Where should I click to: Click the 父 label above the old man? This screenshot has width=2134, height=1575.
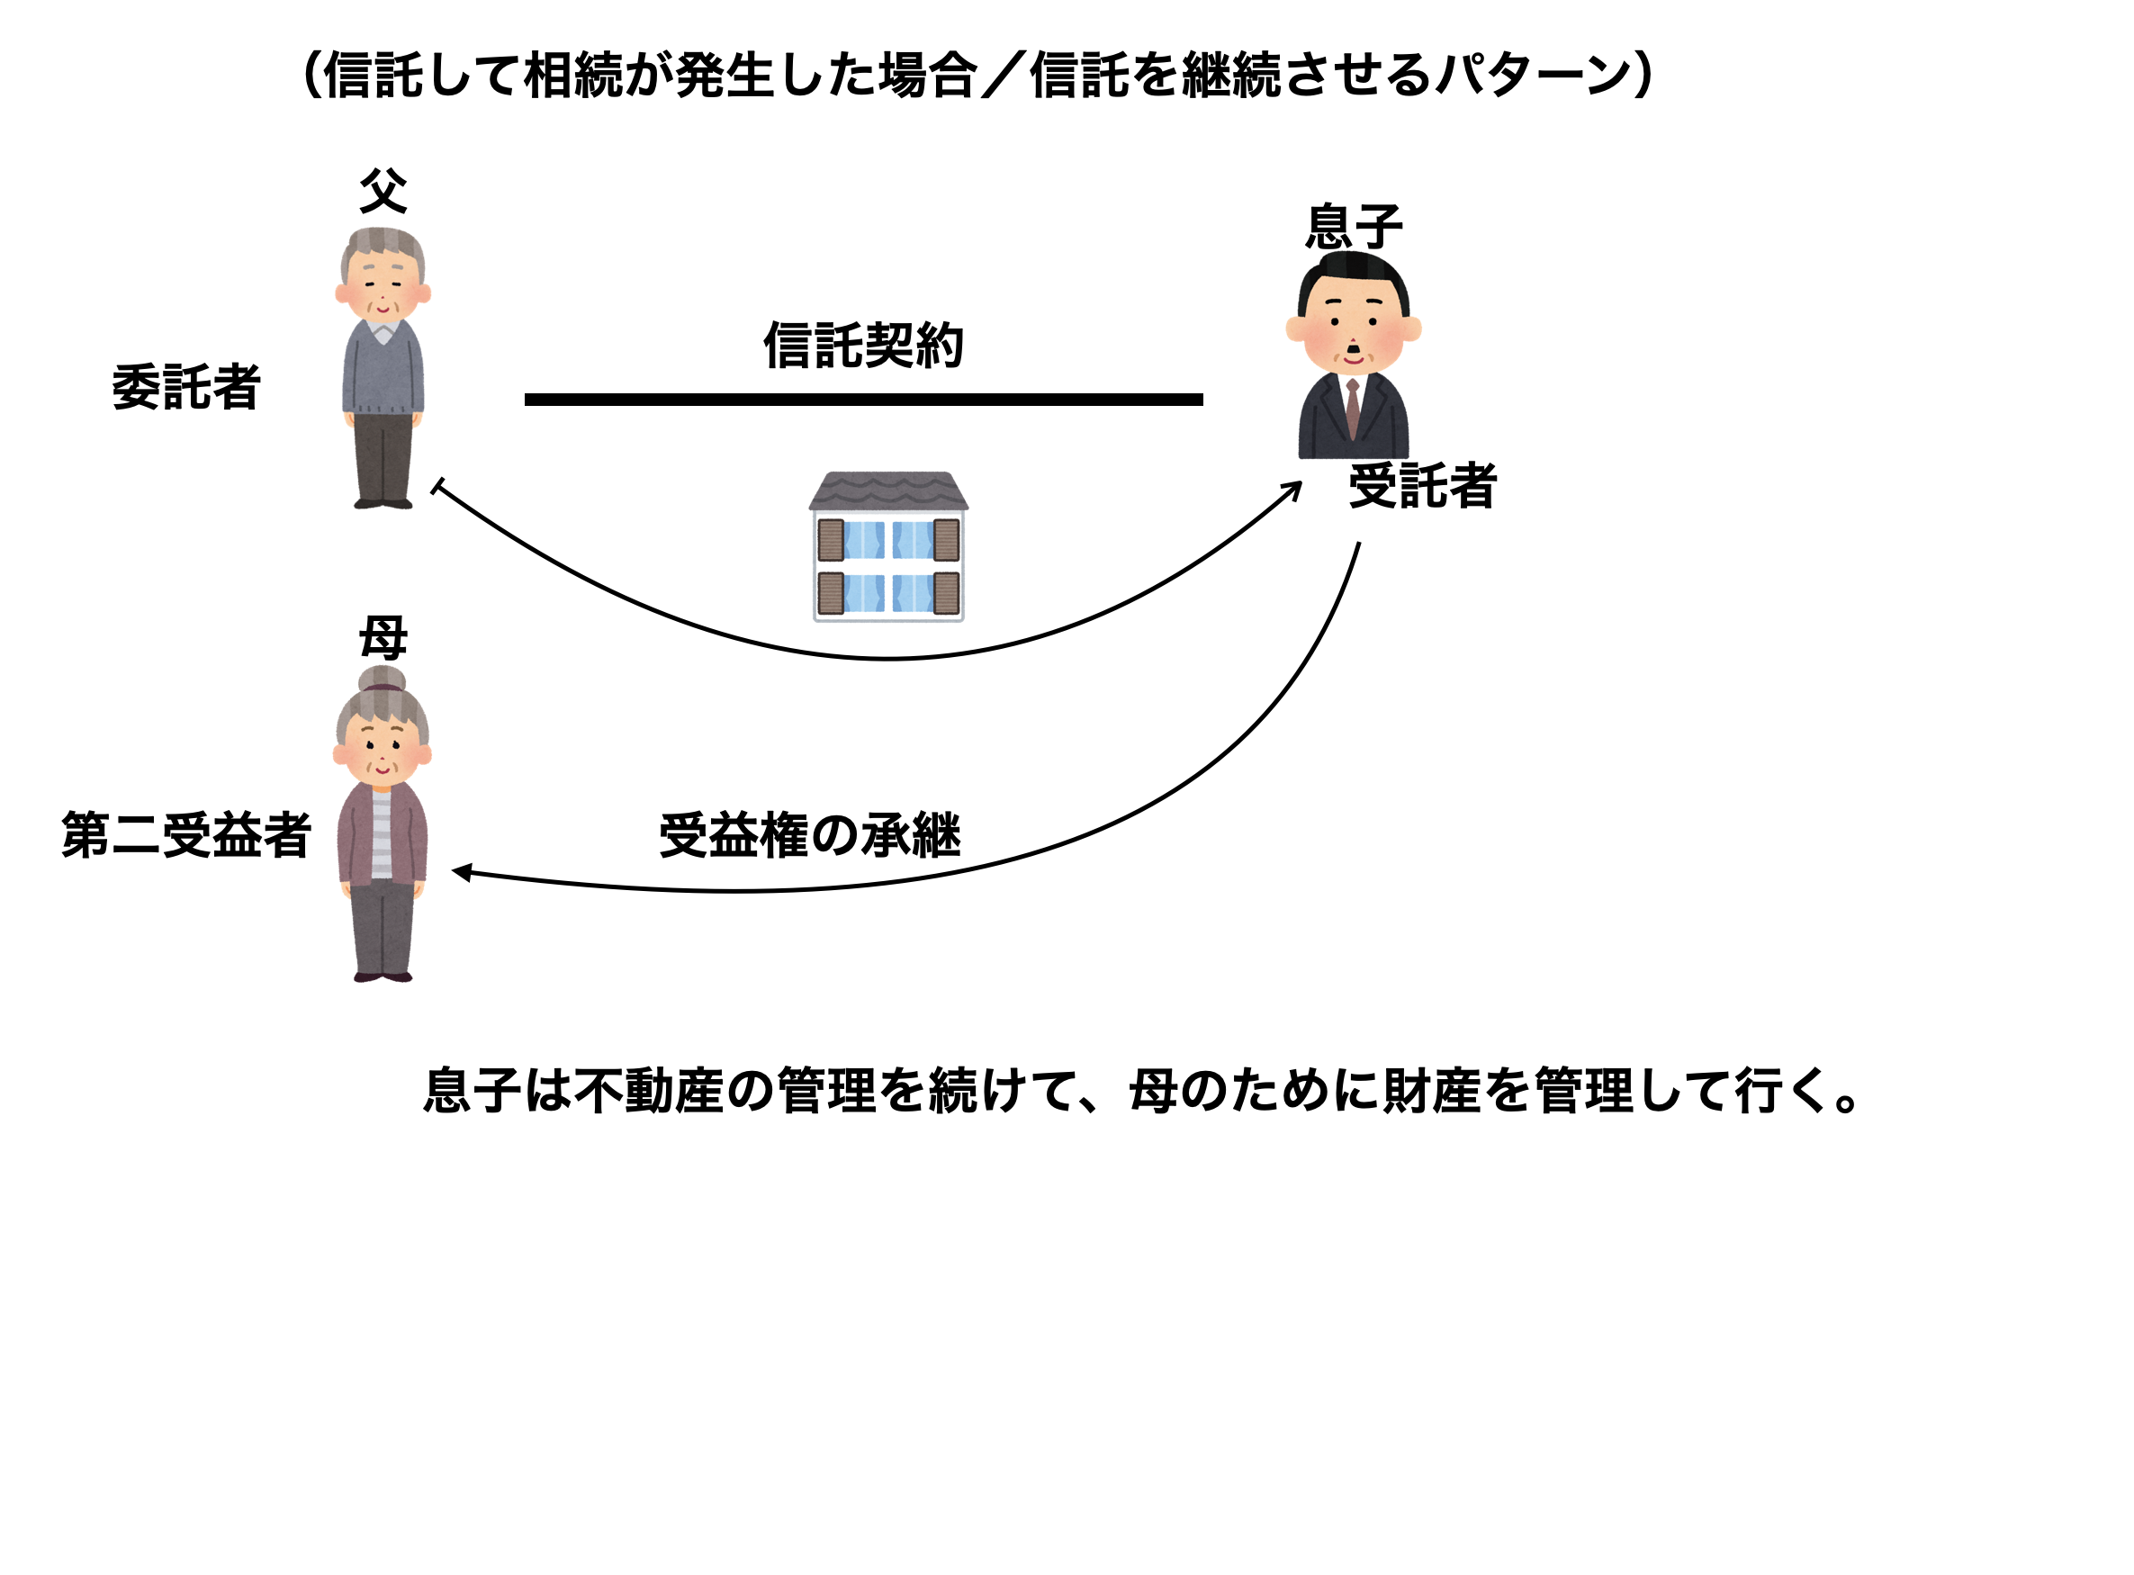pos(383,192)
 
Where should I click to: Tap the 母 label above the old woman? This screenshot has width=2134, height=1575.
pos(383,638)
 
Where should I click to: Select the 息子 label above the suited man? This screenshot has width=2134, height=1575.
pos(1354,227)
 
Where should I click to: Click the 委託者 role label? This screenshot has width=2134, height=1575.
pos(186,387)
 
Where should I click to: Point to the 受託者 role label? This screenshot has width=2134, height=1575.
pos(1422,486)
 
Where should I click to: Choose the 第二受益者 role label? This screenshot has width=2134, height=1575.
pos(186,835)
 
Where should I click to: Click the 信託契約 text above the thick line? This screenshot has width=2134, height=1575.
pos(863,345)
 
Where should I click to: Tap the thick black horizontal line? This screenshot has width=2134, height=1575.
pos(863,400)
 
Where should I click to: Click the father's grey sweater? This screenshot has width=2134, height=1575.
pos(383,372)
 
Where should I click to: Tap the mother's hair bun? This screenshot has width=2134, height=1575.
pos(383,679)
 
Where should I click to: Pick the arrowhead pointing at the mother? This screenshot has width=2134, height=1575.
pos(460,871)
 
